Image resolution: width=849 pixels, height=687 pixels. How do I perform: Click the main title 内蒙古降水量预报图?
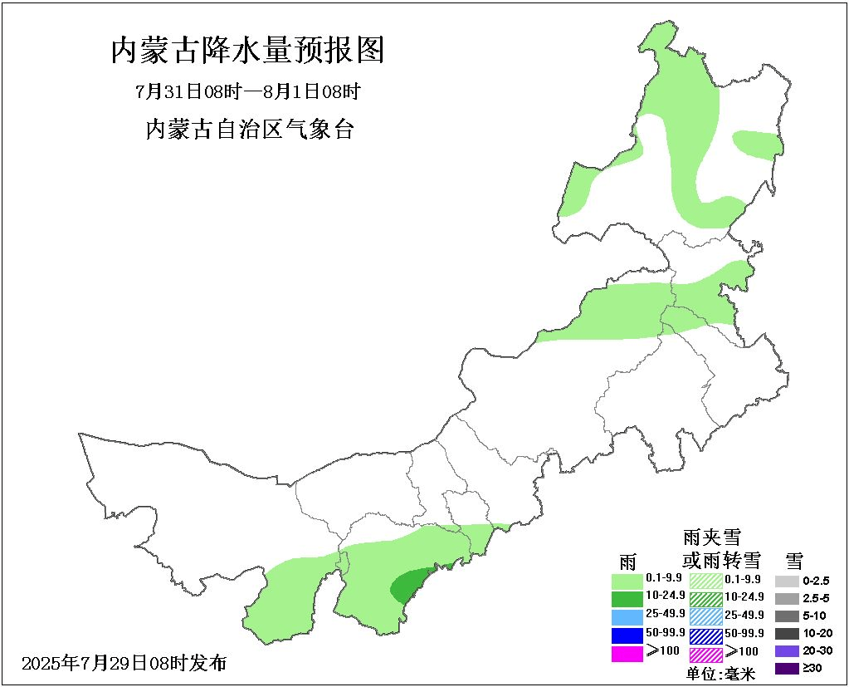(x=247, y=52)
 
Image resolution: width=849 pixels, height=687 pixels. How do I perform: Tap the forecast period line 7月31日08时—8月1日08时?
(x=247, y=91)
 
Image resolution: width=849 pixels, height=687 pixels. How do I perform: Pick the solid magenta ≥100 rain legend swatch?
(x=627, y=654)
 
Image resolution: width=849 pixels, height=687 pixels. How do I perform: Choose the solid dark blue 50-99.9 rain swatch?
(x=627, y=635)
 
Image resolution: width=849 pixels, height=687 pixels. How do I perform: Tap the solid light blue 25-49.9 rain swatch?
(x=627, y=616)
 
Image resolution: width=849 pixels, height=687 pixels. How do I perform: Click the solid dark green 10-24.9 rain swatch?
(x=627, y=598)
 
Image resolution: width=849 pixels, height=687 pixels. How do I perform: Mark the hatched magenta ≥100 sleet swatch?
(x=705, y=654)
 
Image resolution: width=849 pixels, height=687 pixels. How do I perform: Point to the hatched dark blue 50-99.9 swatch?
(x=705, y=635)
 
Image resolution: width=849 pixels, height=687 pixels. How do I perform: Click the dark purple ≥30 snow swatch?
(x=787, y=668)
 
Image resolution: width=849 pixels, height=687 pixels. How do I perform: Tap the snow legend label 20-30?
(x=817, y=650)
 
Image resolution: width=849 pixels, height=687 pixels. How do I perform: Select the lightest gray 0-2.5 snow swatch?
(x=787, y=581)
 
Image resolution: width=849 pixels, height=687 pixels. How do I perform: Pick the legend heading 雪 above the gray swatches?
(x=795, y=559)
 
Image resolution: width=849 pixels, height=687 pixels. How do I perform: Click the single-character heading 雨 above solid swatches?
(x=627, y=559)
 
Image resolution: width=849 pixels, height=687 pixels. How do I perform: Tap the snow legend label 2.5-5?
(x=817, y=598)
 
